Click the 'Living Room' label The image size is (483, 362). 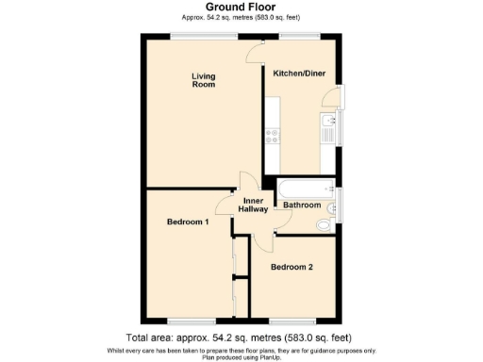click(203, 80)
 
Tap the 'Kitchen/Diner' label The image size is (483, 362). click(299, 73)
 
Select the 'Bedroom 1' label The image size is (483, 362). click(187, 222)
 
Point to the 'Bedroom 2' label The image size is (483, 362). click(291, 267)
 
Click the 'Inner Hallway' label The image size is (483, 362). click(253, 206)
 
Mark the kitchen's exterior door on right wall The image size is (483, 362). click(332, 94)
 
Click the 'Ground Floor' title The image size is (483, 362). click(241, 7)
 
